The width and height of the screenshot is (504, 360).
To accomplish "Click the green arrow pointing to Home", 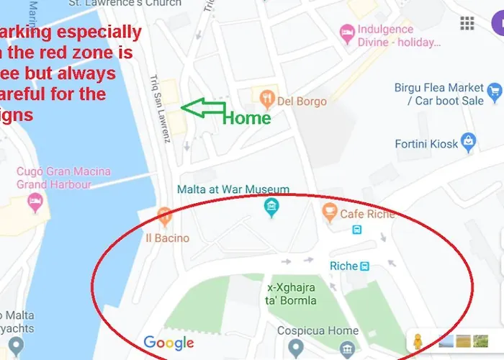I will tap(203, 108).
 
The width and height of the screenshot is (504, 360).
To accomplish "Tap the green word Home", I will tap(246, 118).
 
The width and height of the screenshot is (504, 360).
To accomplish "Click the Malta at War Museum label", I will tap(233, 189).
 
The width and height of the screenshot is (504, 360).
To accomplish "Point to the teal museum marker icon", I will tap(271, 209).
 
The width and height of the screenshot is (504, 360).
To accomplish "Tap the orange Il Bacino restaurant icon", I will tap(165, 216).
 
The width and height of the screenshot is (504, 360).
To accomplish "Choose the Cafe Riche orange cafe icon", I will tap(329, 212).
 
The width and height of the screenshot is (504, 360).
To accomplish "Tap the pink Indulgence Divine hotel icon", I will tap(347, 33).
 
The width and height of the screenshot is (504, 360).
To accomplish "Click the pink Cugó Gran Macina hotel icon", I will tap(35, 204).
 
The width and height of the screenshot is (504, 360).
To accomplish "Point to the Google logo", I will tap(168, 343).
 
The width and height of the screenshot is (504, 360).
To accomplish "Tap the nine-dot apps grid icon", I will tap(467, 23).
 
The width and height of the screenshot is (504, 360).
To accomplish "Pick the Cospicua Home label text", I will tap(318, 331).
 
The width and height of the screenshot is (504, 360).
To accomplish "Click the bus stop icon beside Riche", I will tap(365, 266).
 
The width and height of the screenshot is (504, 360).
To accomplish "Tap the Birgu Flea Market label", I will tap(439, 94).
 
